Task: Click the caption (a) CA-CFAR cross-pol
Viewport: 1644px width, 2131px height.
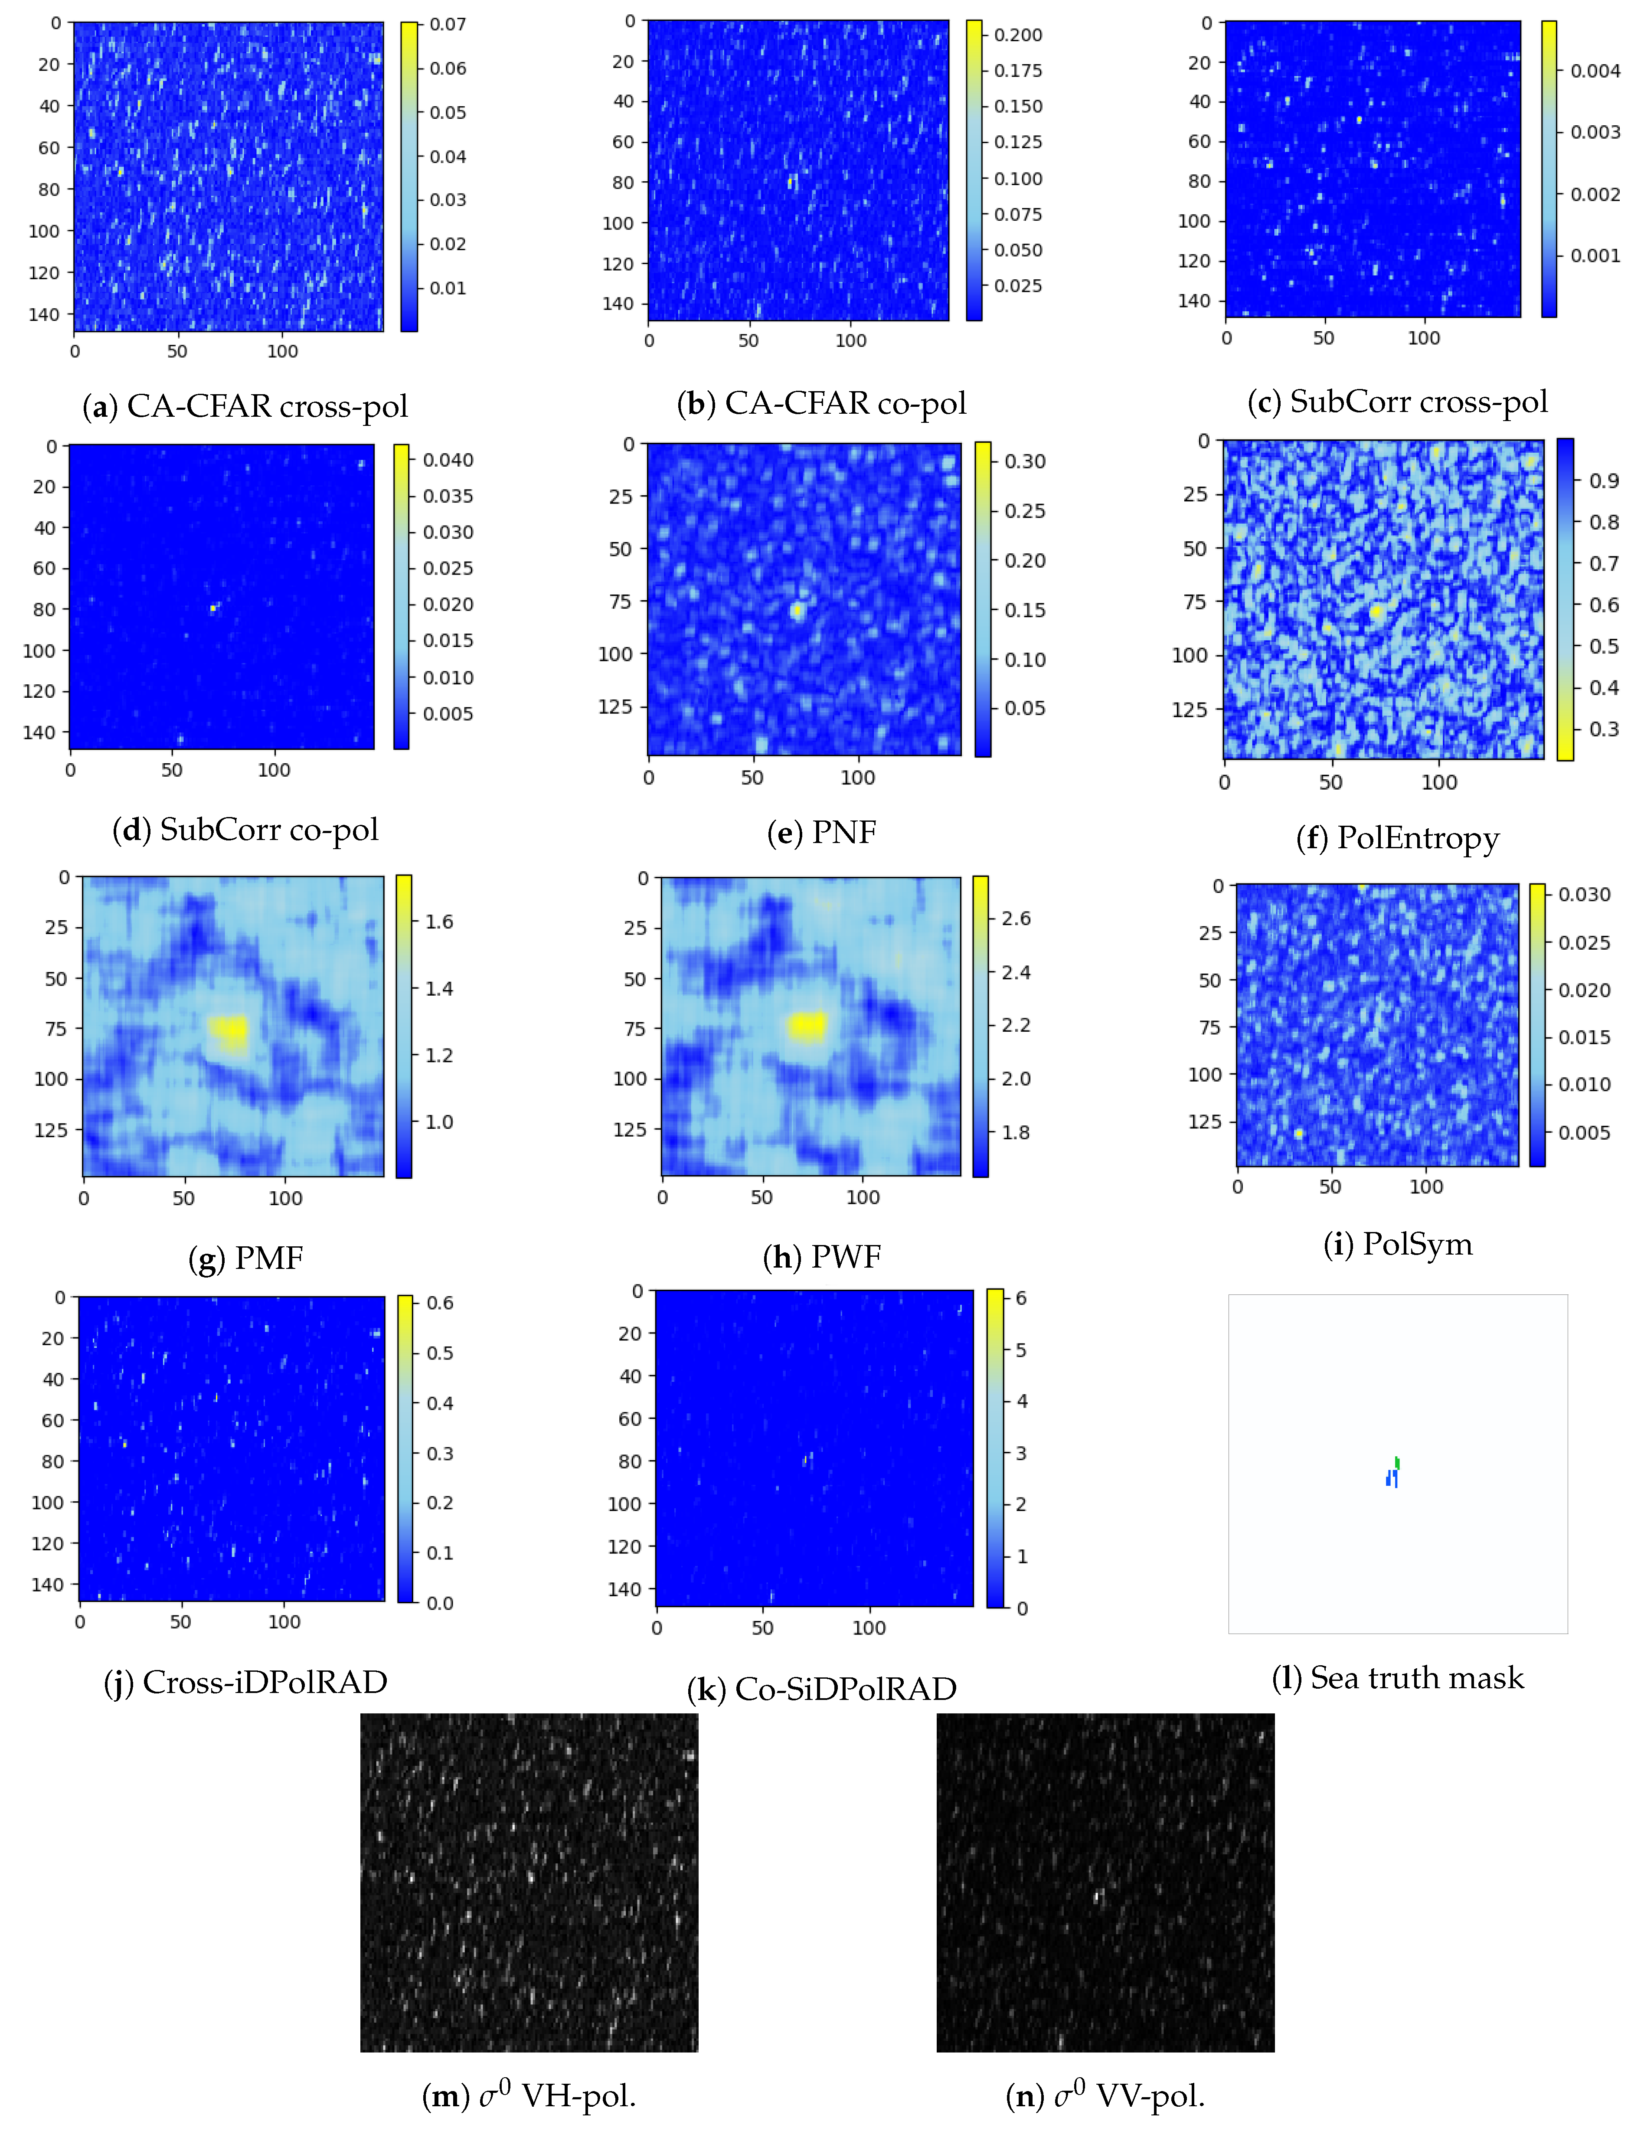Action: (245, 406)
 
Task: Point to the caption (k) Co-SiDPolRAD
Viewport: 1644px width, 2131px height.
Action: (821, 1689)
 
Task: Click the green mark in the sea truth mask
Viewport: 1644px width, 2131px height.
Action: (1397, 1461)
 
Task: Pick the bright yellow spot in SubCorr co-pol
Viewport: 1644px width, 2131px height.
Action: (212, 608)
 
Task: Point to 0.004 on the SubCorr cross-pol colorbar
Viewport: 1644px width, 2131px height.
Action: (1595, 70)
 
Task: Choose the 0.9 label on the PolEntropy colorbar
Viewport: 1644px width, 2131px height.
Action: (1603, 480)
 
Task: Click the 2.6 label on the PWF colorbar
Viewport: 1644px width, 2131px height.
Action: (1016, 918)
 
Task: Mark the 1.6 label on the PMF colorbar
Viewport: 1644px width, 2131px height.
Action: (439, 921)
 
